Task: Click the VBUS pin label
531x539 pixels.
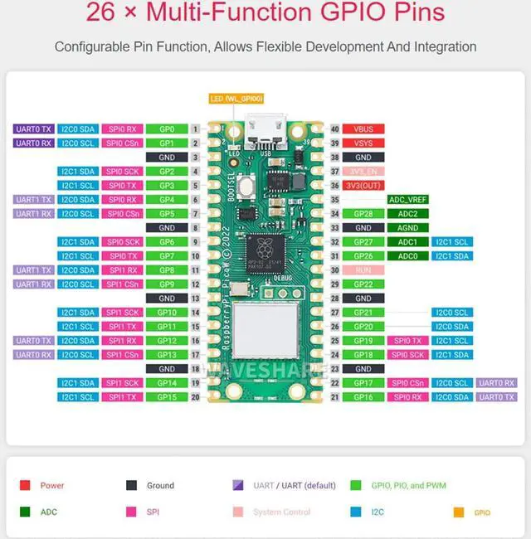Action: (x=363, y=129)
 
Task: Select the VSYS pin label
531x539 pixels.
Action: (x=363, y=143)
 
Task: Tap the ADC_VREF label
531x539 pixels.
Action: (x=407, y=200)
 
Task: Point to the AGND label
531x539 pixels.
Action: (x=407, y=228)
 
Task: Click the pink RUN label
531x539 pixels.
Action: (x=363, y=270)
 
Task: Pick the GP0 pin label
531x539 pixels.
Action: (x=167, y=129)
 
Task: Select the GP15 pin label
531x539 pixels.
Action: (x=167, y=397)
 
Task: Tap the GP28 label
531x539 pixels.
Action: (x=363, y=214)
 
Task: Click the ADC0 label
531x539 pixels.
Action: (x=407, y=256)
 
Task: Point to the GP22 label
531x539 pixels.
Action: (x=363, y=284)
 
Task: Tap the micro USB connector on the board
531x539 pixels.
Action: (x=265, y=131)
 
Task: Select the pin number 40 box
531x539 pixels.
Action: (x=334, y=129)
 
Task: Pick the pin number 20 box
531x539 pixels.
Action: (x=195, y=397)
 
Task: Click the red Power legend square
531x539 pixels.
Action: (x=25, y=486)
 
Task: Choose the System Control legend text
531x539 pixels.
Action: (x=282, y=512)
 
